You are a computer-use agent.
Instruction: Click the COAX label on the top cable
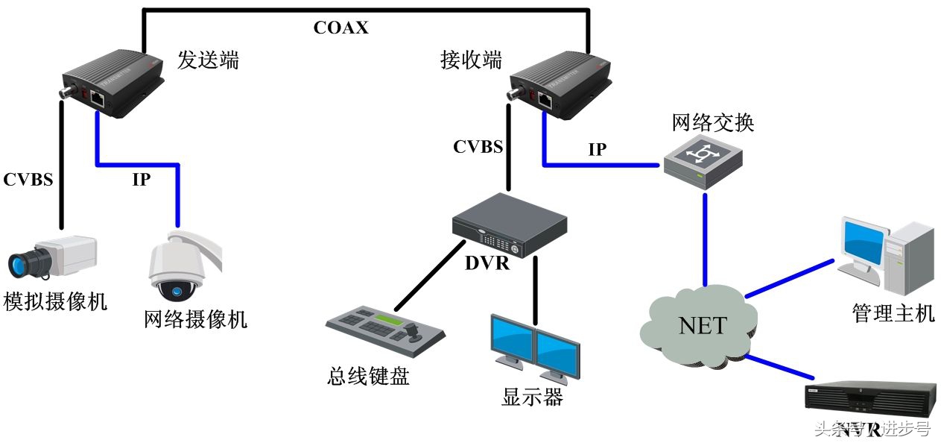click(340, 28)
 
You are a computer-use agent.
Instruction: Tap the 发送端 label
click(209, 60)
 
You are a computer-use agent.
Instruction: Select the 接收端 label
click(471, 60)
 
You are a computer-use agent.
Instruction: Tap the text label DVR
click(487, 263)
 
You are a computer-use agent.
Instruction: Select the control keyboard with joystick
click(385, 328)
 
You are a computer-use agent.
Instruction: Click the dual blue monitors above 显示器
click(533, 348)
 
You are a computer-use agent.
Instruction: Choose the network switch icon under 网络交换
click(703, 159)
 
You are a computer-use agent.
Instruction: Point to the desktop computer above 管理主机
click(886, 254)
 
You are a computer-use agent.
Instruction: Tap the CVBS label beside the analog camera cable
click(28, 180)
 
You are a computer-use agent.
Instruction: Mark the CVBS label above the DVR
click(478, 146)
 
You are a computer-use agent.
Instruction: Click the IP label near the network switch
click(598, 149)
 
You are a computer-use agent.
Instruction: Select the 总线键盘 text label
click(368, 376)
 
